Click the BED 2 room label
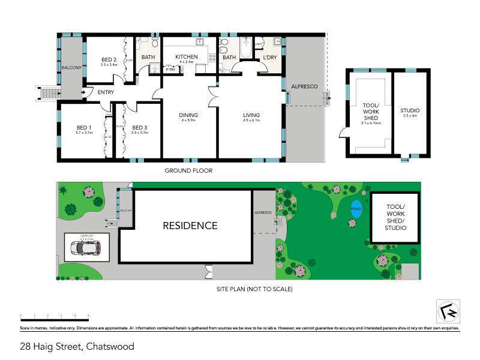[109, 59]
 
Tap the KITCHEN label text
[185, 57]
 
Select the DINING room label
[188, 115]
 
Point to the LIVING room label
[251, 115]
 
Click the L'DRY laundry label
[269, 58]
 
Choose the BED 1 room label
[84, 127]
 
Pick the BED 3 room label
[139, 127]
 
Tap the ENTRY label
[106, 92]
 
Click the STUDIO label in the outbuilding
[410, 110]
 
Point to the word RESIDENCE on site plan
[190, 226]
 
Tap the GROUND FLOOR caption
[188, 170]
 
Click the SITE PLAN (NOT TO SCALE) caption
[254, 289]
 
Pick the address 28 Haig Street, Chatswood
[77, 346]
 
